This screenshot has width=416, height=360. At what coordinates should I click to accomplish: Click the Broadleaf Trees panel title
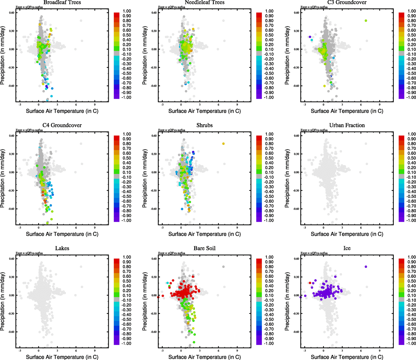pos(62,2)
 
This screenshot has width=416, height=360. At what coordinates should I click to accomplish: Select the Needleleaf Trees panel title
pos(204,2)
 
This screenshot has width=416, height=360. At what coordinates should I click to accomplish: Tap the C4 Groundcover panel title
pos(62,125)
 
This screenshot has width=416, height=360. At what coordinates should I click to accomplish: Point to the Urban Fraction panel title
pos(347,125)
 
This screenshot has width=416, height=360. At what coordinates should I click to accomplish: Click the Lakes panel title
pos(62,248)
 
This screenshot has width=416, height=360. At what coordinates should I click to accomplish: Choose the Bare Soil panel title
pos(204,248)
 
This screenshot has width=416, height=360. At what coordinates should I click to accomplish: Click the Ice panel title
pos(347,248)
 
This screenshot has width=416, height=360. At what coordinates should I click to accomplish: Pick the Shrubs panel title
pos(204,125)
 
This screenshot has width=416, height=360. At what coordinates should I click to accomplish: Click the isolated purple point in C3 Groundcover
pos(310,37)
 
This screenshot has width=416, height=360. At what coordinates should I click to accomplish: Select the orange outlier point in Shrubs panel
pos(223,144)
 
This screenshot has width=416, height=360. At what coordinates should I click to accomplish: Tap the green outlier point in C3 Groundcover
pos(366,21)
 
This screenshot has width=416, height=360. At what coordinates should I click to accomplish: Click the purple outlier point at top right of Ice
pos(366,267)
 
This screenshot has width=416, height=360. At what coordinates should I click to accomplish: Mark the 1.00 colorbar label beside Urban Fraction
pos(412,134)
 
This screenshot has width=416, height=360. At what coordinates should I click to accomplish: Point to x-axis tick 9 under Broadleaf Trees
pos(95,104)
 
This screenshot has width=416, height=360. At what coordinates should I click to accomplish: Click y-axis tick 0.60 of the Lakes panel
pos(11,259)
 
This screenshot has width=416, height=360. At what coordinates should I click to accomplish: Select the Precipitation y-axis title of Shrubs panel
pos(145,179)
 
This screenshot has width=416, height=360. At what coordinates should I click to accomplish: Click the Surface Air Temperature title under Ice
pos(347,357)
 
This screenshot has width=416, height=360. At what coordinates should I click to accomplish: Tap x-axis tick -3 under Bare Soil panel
pos(162,350)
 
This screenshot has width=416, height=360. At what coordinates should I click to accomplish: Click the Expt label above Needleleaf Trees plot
pos(171,7)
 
